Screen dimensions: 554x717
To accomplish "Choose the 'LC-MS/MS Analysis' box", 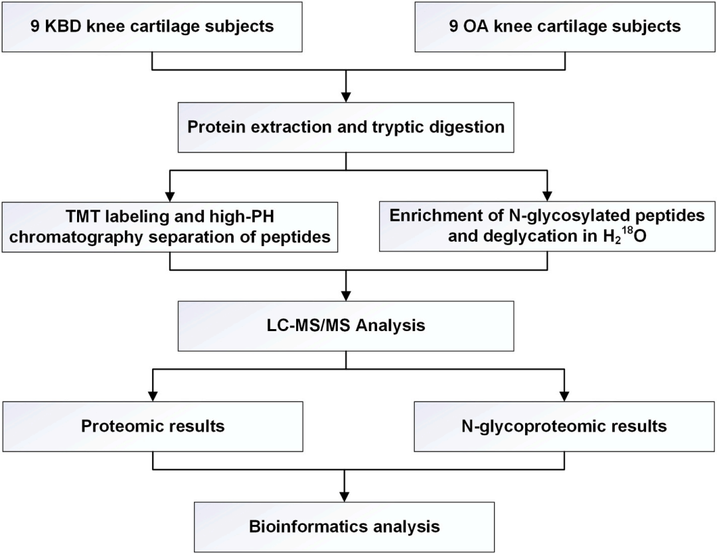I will point(345,326).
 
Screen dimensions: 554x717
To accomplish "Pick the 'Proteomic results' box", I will point(153,426).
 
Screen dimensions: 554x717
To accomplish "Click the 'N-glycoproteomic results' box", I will point(564,426).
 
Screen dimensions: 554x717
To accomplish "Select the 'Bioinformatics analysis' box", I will point(345,527).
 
